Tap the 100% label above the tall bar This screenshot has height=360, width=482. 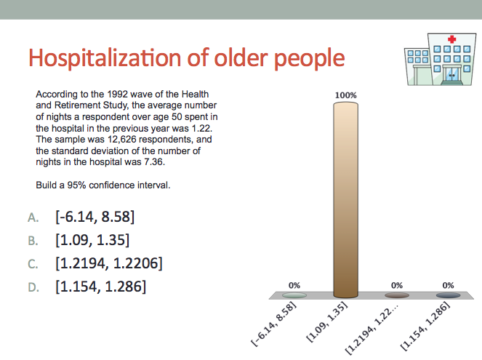tap(346, 95)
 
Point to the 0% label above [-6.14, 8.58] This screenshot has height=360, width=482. tap(294, 286)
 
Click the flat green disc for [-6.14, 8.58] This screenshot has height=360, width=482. tap(294, 295)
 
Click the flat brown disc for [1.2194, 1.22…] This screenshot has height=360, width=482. tap(397, 295)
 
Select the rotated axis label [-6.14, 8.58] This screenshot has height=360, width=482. tap(273, 324)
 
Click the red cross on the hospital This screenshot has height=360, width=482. tap(451, 39)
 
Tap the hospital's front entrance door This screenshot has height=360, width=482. tap(451, 74)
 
